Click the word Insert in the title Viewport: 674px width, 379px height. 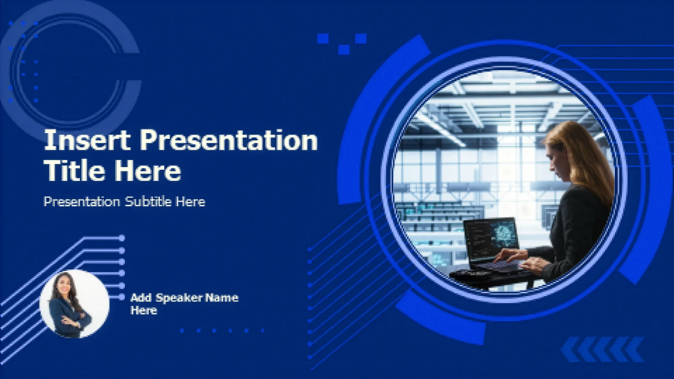pos(87,140)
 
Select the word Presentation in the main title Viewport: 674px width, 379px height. pos(229,140)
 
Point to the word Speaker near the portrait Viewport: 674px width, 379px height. pos(179,298)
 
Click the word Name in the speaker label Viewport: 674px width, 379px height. pos(222,298)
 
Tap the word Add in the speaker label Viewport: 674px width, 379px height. pos(141,298)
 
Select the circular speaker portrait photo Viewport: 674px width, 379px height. pos(74,304)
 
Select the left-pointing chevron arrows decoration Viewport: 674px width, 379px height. pos(602,350)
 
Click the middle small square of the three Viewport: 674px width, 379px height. pos(344,49)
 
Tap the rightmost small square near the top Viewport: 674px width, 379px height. pos(361,38)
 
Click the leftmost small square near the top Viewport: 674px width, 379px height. pos(323,38)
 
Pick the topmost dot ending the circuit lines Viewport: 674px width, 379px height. pos(122,238)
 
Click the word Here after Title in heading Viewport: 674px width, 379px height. pos(148,171)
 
